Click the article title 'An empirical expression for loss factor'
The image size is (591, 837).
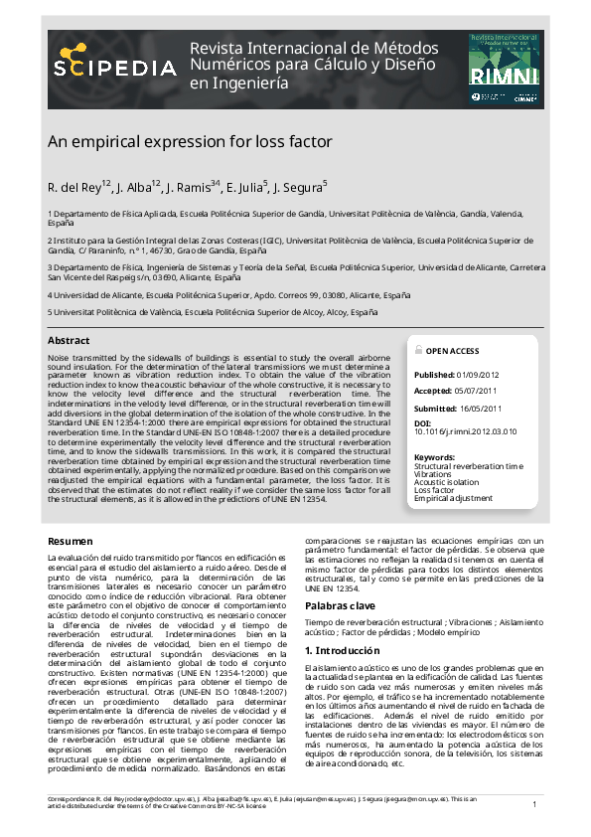[x=189, y=142]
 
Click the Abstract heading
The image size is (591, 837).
[x=69, y=341]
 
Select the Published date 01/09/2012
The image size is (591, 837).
[x=478, y=375]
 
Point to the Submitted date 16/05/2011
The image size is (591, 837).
[x=480, y=409]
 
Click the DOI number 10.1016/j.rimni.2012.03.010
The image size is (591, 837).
[x=466, y=432]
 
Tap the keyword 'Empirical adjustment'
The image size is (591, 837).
[x=453, y=498]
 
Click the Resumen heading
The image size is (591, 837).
[x=72, y=540]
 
